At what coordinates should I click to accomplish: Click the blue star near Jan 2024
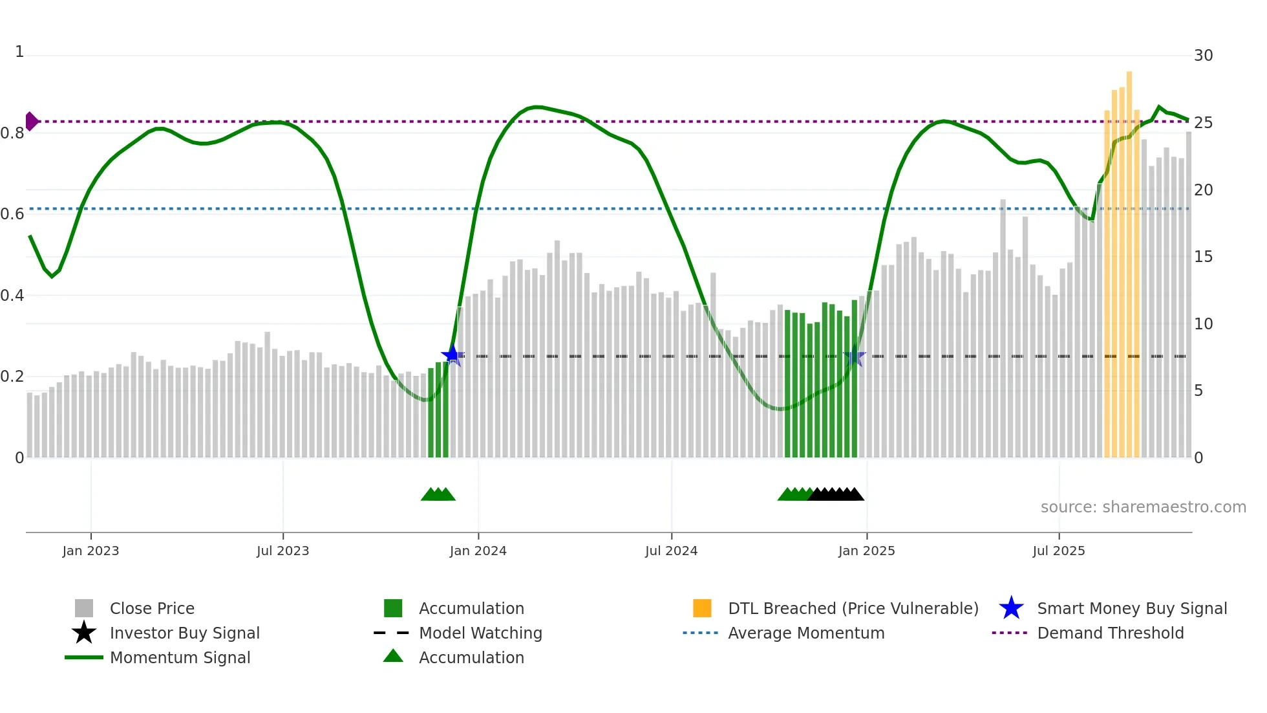[452, 355]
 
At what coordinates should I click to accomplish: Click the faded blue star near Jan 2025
[855, 356]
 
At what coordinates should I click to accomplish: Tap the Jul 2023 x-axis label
[282, 551]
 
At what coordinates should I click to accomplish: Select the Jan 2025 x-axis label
[866, 551]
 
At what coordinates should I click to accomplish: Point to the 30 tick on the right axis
[1203, 56]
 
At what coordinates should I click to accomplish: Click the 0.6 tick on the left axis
[12, 214]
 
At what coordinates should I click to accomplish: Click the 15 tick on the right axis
[1203, 257]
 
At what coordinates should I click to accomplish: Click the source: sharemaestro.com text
[1143, 507]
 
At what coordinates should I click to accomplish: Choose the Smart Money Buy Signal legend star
[1011, 608]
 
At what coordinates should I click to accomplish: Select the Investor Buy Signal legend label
[184, 633]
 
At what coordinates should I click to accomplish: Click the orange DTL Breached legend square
[702, 608]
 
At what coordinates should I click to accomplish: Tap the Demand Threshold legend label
[1110, 633]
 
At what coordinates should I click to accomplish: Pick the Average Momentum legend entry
[805, 633]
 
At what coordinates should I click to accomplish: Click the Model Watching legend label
[480, 633]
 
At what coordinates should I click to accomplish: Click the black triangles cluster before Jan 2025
[836, 495]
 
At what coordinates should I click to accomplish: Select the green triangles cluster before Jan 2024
[438, 495]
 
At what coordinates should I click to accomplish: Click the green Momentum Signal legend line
[84, 657]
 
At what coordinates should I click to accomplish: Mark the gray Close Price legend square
[84, 608]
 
